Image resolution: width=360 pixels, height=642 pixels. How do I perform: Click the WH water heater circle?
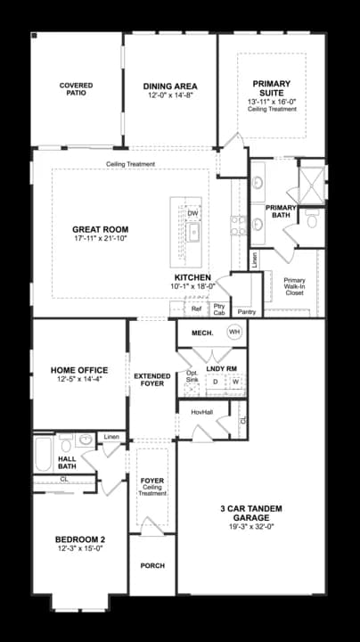tap(234, 332)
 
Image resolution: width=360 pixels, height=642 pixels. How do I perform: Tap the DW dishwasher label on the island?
tap(192, 213)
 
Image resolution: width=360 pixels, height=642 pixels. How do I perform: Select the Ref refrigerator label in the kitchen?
tap(196, 309)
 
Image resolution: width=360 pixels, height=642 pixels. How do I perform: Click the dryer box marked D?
tap(215, 382)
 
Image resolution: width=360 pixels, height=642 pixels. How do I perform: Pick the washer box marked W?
tap(236, 382)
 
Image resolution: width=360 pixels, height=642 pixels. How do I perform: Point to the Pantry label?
tap(247, 312)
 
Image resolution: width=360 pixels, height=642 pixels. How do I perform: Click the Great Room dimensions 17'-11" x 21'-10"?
tap(100, 237)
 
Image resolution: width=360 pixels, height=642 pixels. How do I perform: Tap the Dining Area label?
tap(170, 86)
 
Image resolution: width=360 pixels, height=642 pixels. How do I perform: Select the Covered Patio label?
tap(76, 89)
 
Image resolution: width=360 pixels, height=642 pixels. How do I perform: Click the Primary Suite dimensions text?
tap(272, 101)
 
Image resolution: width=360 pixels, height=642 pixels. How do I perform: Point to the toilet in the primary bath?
tap(312, 220)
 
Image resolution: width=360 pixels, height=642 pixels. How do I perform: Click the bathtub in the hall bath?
tap(43, 454)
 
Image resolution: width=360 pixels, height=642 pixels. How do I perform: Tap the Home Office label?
tap(79, 370)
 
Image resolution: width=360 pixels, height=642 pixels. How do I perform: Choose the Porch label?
tap(152, 566)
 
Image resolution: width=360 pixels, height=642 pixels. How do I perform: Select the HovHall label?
tap(201, 413)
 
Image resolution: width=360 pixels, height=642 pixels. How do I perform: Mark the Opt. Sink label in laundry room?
tap(192, 376)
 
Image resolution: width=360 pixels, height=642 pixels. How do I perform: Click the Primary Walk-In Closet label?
tap(295, 286)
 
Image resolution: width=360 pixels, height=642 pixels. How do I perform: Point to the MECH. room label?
tap(202, 333)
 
